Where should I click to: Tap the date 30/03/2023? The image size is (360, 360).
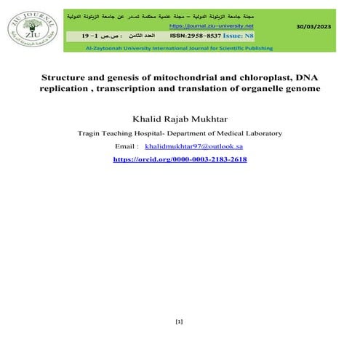[x=313, y=26]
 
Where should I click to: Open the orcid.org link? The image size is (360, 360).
[x=180, y=159]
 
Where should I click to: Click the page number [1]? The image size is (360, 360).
[x=180, y=321]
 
